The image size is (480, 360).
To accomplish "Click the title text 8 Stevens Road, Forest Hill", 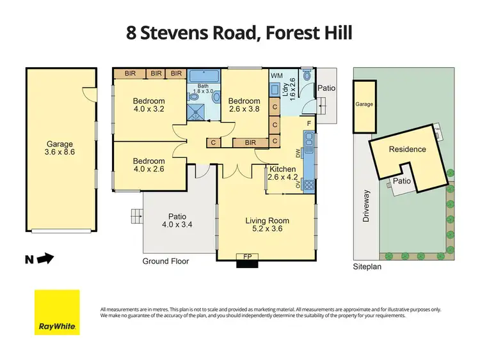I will coord(239,33).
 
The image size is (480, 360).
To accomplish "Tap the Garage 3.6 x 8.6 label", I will coord(61,148).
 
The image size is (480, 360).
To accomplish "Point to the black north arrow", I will coord(45,259).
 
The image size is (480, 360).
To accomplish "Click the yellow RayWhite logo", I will coord(57,312).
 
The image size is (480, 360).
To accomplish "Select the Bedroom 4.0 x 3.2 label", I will coord(148,105).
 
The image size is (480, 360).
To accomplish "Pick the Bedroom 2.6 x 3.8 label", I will coord(244,105).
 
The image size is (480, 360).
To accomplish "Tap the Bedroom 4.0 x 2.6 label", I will coord(148,166).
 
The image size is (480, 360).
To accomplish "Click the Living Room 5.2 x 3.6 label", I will coord(264,224).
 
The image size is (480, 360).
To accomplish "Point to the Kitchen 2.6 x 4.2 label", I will coord(284,173).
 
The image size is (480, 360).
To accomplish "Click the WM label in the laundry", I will coord(276,76).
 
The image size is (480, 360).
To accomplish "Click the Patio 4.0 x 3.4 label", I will coord(176,221).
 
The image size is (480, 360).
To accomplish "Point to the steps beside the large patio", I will coord(136,216).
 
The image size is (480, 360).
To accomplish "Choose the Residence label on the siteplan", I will coord(407,149).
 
